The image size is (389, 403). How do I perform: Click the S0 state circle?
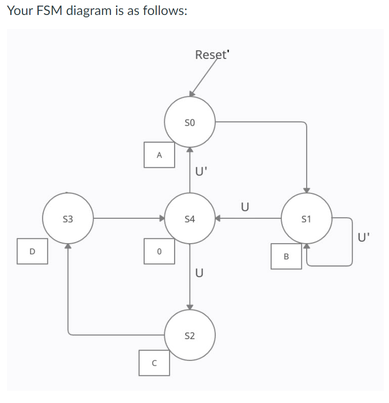(x=190, y=122)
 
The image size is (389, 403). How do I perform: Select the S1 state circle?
(x=307, y=218)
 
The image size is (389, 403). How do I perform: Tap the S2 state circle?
(x=190, y=335)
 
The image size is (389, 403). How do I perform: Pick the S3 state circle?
(x=68, y=218)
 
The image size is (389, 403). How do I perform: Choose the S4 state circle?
(x=190, y=218)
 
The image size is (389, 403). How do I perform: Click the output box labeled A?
(x=159, y=155)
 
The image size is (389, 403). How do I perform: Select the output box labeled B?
(x=286, y=256)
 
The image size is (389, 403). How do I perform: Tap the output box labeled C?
(x=154, y=363)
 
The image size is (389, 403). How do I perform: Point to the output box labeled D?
(x=32, y=252)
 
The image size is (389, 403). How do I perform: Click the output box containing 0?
(x=159, y=252)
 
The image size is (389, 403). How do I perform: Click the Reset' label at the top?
(x=212, y=55)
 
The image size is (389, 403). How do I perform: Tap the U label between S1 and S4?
(x=244, y=206)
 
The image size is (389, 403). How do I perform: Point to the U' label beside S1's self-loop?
(x=364, y=237)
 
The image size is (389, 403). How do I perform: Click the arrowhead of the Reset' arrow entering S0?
(x=192, y=94)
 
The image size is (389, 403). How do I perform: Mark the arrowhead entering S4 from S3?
(x=162, y=218)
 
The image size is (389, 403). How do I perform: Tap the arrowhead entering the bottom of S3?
(x=68, y=246)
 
